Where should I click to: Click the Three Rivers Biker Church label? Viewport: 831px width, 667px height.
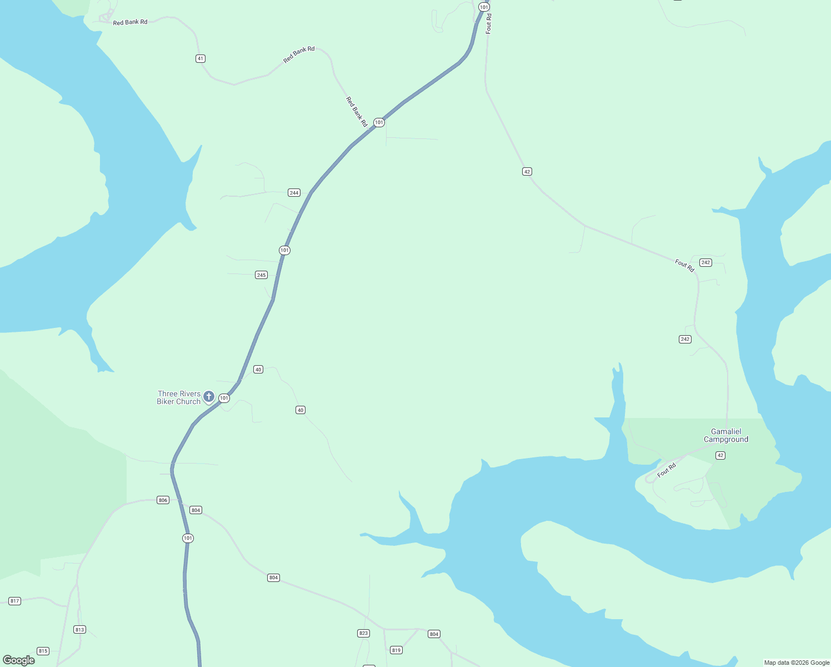[179, 397]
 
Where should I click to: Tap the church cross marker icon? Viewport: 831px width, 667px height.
[209, 396]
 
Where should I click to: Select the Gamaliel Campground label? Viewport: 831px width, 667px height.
[726, 435]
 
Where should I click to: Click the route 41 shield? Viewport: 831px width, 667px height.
[201, 58]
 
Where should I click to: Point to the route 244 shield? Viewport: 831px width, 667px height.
[294, 193]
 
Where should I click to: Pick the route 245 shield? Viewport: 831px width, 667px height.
[261, 275]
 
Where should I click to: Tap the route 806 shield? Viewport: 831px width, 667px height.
[163, 500]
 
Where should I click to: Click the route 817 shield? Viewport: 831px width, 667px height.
[14, 601]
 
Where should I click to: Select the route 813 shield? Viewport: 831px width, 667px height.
[79, 629]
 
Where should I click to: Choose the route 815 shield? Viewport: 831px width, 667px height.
[43, 651]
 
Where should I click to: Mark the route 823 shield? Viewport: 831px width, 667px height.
[363, 633]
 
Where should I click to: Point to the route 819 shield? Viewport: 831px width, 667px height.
[396, 650]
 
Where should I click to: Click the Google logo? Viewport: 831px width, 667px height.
[19, 660]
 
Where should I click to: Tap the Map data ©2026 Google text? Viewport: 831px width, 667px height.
[797, 663]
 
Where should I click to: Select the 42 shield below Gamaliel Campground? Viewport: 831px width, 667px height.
[720, 455]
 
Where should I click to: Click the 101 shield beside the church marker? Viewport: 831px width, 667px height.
[224, 398]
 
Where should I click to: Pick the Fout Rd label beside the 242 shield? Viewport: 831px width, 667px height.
[684, 266]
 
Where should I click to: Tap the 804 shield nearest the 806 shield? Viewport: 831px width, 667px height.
[196, 510]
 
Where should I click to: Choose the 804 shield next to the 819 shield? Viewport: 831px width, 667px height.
[434, 634]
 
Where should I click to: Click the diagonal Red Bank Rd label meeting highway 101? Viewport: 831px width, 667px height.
[357, 112]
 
